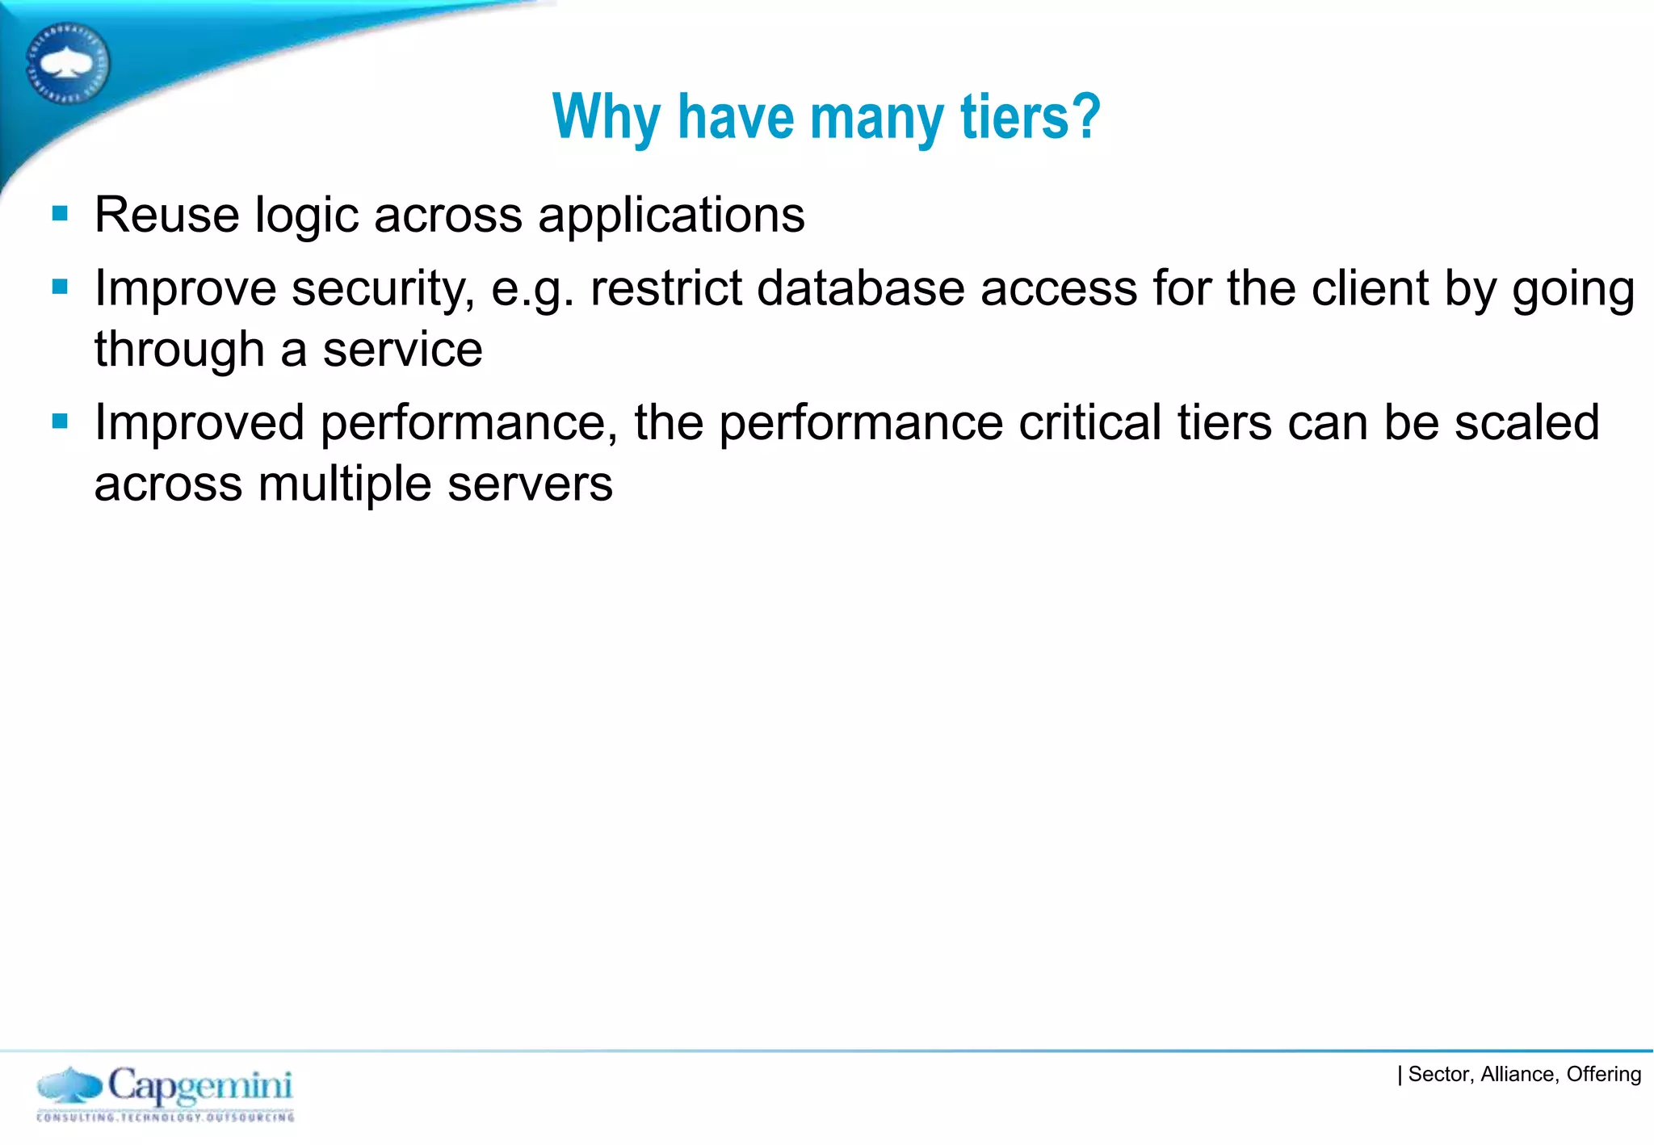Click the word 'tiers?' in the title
pos(1031,117)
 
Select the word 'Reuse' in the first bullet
pos(167,215)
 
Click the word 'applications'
pos(671,216)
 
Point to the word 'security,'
pos(383,289)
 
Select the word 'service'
pos(403,350)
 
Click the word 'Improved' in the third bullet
pos(199,423)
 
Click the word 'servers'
pos(530,484)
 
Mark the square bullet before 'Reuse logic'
pos(60,214)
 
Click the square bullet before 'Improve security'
pos(60,287)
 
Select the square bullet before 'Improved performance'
pos(60,421)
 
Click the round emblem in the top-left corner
pos(68,63)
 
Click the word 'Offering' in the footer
pos(1603,1074)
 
